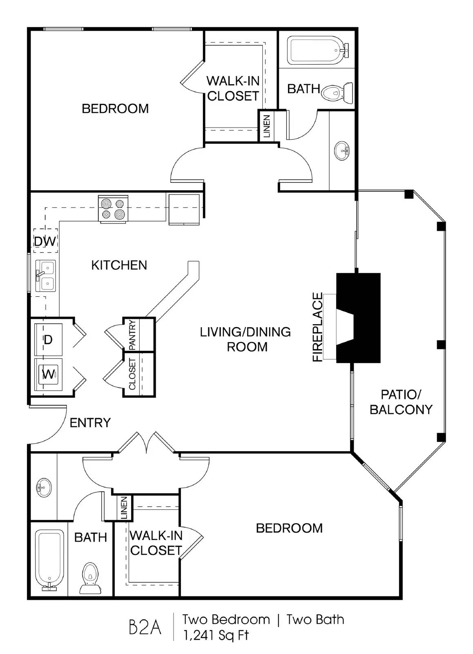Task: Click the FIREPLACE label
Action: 318,327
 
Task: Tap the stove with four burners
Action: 113,209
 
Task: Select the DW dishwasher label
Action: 45,242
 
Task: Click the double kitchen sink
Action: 45,275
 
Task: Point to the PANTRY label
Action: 132,335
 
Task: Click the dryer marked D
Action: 48,339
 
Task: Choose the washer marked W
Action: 48,374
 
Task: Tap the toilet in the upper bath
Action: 337,92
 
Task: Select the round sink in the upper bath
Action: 342,151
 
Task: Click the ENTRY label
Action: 90,423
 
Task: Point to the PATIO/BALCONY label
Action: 401,402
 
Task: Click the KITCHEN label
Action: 119,265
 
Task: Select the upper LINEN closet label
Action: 267,126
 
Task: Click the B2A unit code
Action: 145,629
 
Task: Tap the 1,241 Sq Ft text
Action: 216,635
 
